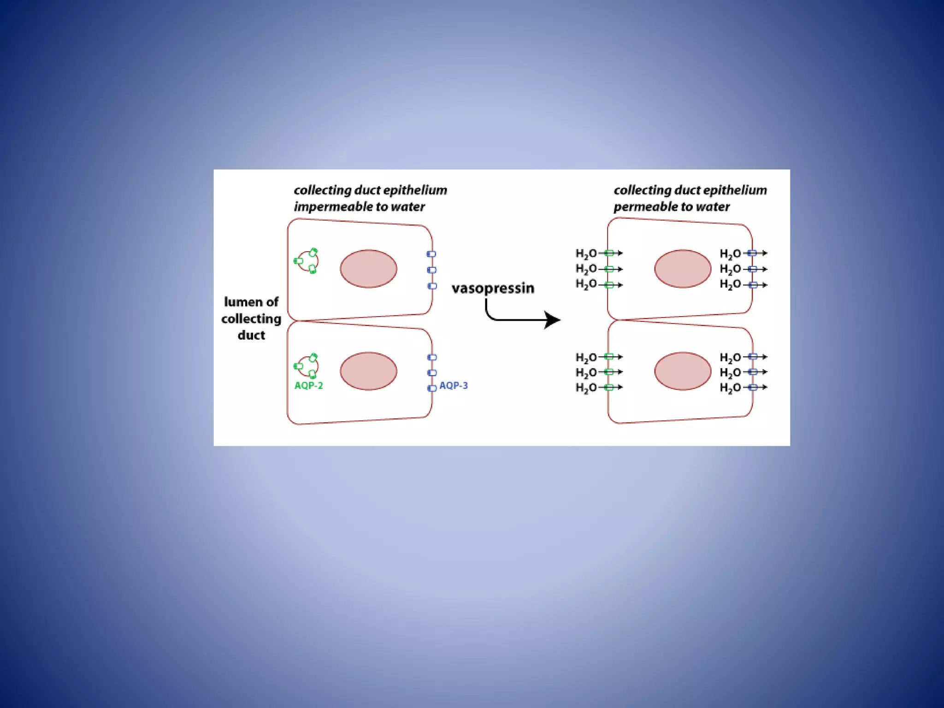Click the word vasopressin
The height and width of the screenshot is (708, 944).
[x=493, y=288]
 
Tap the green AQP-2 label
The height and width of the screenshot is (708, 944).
[x=309, y=385]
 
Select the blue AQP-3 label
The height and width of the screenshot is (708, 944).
[x=453, y=385]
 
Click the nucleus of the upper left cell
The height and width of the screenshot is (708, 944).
[x=368, y=269]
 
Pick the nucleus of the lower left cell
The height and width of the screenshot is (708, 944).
[x=368, y=371]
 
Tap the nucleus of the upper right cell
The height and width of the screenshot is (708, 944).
[x=683, y=269]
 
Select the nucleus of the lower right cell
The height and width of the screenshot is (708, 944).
[x=683, y=371]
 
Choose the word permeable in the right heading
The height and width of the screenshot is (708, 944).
[x=643, y=206]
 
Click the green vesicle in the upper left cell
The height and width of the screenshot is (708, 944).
[x=307, y=261]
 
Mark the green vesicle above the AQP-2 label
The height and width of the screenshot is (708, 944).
[x=307, y=366]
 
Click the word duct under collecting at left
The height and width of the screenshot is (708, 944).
[x=251, y=335]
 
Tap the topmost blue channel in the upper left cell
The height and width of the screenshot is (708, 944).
[x=431, y=254]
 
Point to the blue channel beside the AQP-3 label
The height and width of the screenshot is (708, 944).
[x=432, y=388]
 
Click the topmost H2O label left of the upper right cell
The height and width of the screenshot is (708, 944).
[x=586, y=254]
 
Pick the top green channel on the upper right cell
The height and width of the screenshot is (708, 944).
[x=609, y=253]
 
